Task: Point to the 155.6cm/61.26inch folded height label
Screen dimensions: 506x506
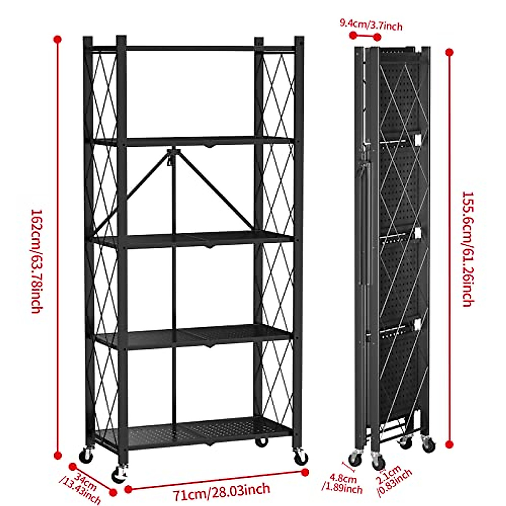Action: [x=468, y=249]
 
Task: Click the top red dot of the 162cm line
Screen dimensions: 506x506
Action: [x=58, y=40]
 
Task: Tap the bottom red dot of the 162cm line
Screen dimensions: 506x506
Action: [x=58, y=455]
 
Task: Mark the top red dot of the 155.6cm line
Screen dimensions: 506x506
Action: [x=449, y=53]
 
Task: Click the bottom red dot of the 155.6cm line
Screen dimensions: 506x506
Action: [x=449, y=444]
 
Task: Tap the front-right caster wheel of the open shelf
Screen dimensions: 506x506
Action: [x=301, y=457]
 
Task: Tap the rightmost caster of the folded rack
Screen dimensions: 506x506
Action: [x=428, y=444]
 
